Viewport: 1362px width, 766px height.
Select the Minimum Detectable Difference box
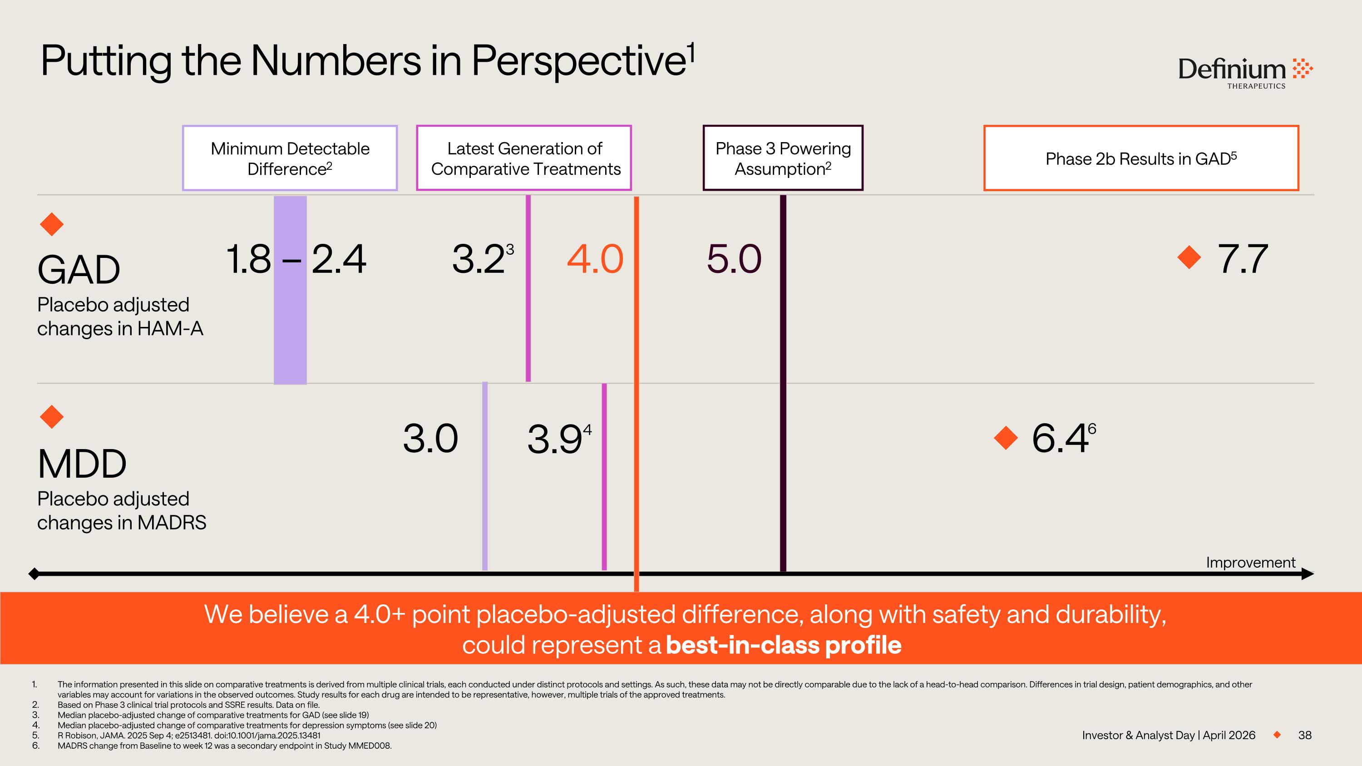click(x=290, y=158)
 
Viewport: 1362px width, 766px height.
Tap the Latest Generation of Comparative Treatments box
click(x=524, y=158)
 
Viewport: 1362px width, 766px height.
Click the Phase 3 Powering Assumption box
click(x=783, y=158)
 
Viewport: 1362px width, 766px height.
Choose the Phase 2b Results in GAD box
click(x=1141, y=158)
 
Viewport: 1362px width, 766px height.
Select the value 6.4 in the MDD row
click(x=1060, y=439)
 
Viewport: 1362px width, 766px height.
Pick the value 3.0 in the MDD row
click(x=430, y=439)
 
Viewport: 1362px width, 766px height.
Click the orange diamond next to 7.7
click(x=1189, y=257)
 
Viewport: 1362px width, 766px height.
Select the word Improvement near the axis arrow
click(x=1250, y=563)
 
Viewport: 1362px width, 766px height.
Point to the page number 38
click(x=1304, y=735)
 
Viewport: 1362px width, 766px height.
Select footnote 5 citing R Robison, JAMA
click(x=189, y=735)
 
